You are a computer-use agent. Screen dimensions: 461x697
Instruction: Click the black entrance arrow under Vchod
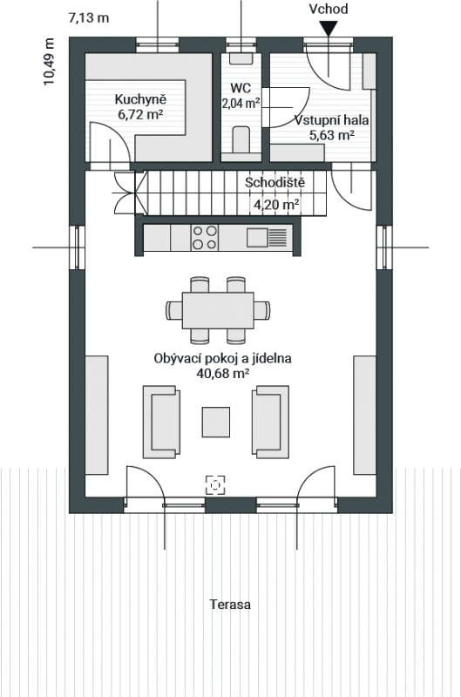[328, 29]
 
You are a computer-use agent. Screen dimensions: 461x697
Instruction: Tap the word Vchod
[328, 9]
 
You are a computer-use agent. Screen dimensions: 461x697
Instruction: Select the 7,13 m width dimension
[89, 18]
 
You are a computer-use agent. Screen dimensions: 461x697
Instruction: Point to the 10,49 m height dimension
[49, 62]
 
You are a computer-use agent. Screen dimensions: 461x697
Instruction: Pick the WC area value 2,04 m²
[241, 104]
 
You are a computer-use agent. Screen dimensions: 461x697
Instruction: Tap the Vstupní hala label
[332, 120]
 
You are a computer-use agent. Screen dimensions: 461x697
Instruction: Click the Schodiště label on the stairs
[275, 182]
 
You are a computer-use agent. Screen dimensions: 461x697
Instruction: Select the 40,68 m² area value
[222, 373]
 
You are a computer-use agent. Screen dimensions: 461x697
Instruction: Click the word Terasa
[230, 605]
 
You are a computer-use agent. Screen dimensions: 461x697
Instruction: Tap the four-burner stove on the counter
[205, 237]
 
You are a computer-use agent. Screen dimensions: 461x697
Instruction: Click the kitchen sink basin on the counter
[257, 237]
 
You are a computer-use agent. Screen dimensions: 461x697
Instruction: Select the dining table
[218, 310]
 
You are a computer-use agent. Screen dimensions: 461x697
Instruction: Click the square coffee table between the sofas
[216, 422]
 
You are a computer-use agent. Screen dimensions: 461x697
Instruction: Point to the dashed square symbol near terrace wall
[215, 485]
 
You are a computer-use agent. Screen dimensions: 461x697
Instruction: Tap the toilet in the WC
[241, 139]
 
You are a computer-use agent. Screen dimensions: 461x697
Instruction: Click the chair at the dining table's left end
[174, 310]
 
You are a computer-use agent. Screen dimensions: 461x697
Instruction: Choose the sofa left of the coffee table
[161, 423]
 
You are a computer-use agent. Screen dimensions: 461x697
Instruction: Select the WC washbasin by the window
[241, 58]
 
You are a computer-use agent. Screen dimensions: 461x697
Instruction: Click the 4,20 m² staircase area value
[276, 205]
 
